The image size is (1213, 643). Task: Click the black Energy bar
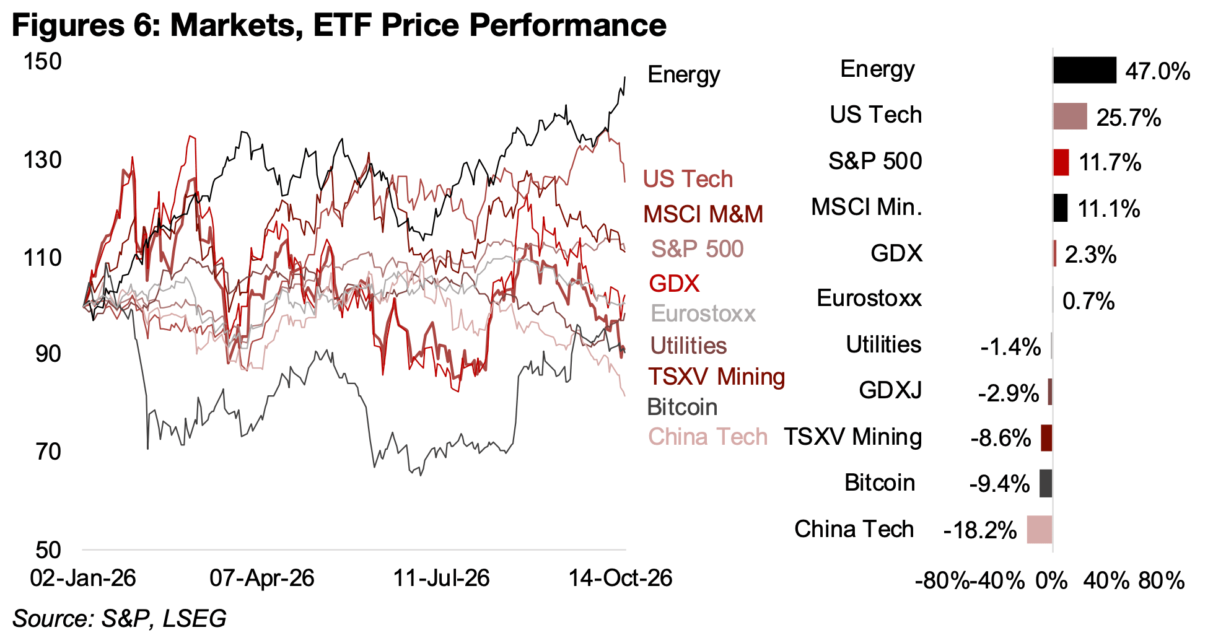click(x=1084, y=70)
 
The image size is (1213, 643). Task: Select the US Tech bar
click(x=1070, y=116)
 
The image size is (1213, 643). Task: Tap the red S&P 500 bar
click(x=1061, y=162)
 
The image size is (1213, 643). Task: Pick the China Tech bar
click(x=1040, y=530)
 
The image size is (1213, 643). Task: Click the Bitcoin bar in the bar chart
click(x=1046, y=483)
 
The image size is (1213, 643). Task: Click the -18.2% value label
click(x=980, y=531)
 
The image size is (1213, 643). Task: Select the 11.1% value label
click(x=1109, y=209)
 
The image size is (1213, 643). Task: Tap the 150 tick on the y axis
click(x=43, y=61)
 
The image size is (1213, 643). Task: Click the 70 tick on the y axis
click(x=49, y=452)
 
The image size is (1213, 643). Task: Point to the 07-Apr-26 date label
click(x=262, y=579)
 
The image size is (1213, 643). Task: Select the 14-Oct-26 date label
click(x=621, y=579)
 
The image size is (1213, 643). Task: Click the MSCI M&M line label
click(x=703, y=214)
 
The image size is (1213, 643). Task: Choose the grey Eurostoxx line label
click(x=703, y=313)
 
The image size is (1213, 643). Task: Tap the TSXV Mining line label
click(x=717, y=377)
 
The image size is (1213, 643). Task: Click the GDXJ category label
click(x=890, y=390)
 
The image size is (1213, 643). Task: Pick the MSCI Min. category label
click(x=867, y=207)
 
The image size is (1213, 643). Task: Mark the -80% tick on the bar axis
click(x=942, y=581)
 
